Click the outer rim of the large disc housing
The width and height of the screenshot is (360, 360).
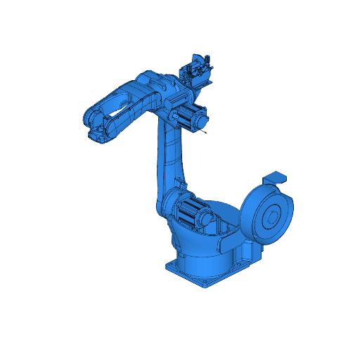coord(247,211)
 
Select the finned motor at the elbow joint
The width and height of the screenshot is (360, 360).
coord(186,115)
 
